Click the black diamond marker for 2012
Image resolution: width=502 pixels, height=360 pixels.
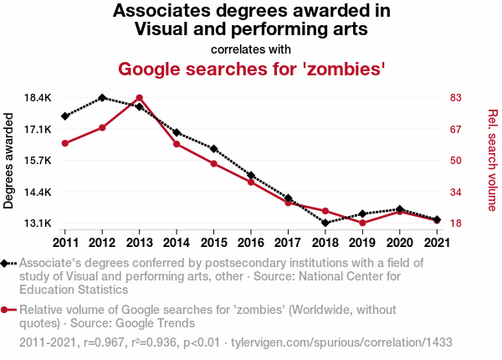coord(102,98)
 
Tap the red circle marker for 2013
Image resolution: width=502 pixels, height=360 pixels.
coord(139,98)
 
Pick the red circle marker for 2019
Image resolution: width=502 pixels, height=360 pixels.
coord(362,223)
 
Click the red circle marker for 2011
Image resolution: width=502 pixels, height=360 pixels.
coord(64,143)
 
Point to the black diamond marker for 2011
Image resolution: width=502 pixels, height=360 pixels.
coord(64,116)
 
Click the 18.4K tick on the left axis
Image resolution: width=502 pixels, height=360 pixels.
coord(38,98)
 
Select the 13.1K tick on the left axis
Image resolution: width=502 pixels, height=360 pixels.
coord(38,224)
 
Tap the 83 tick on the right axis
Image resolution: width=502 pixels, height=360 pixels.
coord(456,98)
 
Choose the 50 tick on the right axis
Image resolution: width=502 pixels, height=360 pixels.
coord(456,161)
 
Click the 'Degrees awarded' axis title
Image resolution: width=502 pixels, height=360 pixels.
coord(9,161)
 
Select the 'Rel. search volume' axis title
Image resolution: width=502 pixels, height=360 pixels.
coord(492,161)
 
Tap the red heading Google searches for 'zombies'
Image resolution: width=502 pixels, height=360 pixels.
coord(251,68)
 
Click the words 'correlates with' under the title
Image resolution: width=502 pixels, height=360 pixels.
coord(251,48)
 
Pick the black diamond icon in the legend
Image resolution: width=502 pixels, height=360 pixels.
coord(6,263)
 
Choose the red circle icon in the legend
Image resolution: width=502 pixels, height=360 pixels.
coord(6,310)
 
